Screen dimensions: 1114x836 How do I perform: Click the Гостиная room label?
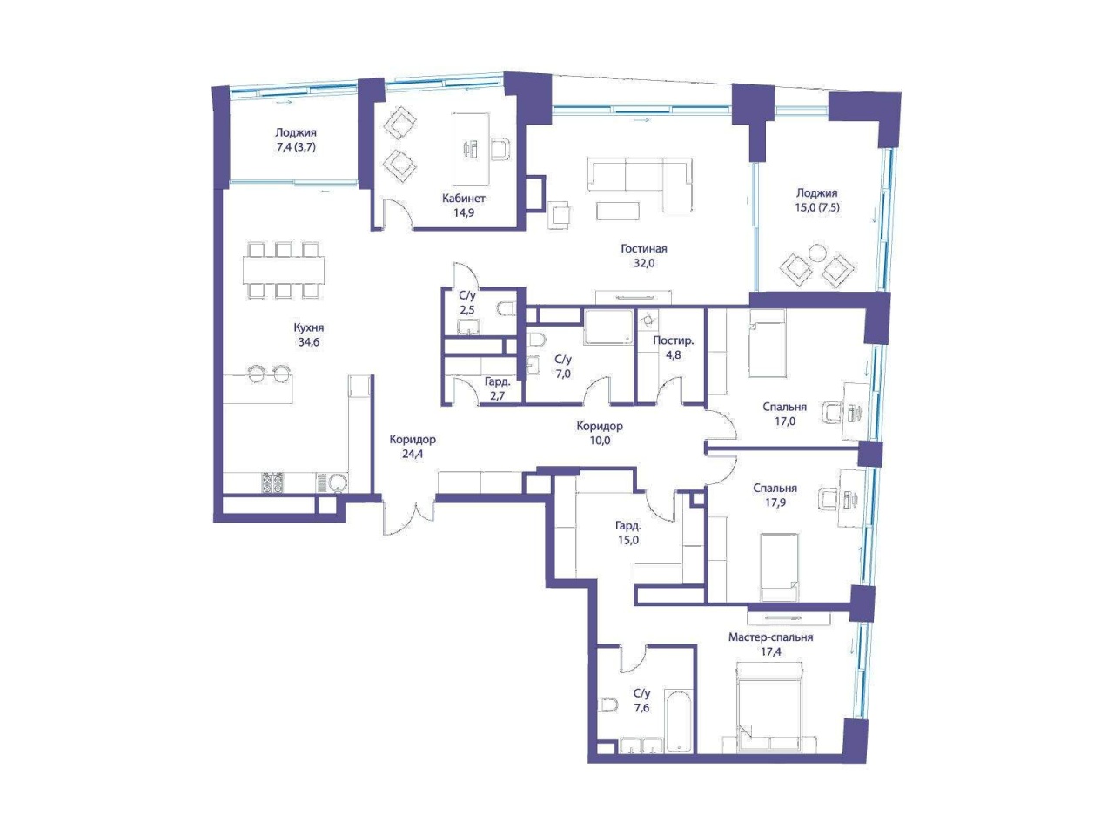pos(643,249)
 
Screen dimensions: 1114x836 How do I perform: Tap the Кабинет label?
pos(463,198)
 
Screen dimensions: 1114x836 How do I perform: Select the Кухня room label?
pos(309,327)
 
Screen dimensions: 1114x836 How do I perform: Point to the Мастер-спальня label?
pos(770,637)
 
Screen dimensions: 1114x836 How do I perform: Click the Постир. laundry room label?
pos(673,340)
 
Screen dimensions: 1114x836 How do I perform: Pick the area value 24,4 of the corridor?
pos(413,454)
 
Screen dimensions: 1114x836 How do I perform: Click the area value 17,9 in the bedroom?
pos(775,502)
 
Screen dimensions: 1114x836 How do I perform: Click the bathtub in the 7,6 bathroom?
pos(679,720)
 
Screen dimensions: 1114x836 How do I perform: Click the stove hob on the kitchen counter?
pos(272,482)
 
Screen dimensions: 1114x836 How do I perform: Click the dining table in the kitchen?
pos(283,270)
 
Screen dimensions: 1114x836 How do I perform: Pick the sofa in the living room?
pos(641,184)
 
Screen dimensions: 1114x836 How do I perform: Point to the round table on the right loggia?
pos(817,253)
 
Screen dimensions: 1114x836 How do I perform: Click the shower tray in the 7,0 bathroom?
pos(608,327)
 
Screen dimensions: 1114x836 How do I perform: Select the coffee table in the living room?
pos(618,211)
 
